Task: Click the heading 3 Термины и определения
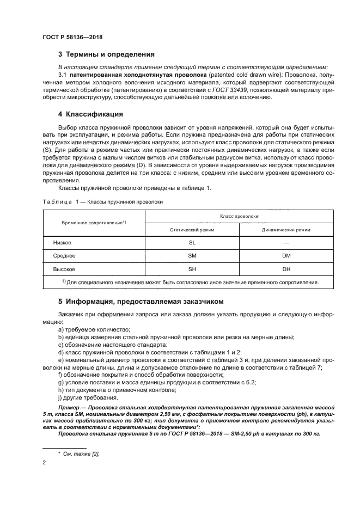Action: click(106, 54)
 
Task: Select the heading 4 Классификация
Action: click(90, 114)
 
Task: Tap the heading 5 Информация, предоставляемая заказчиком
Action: click(141, 301)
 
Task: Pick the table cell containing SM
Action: click(192, 255)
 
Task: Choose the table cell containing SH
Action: click(192, 269)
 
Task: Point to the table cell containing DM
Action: click(286, 255)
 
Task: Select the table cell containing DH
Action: click(286, 269)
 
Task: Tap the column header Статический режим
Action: click(192, 230)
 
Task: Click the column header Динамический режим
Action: click(286, 230)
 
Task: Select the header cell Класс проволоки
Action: click(239, 216)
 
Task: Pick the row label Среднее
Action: click(64, 255)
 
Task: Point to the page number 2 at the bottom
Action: click(44, 462)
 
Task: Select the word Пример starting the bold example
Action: click(69, 407)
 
